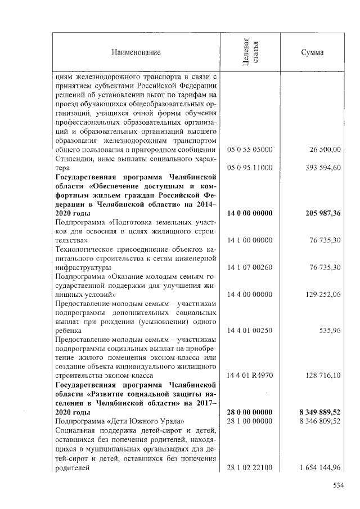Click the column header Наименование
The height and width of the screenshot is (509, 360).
pyautogui.click(x=136, y=53)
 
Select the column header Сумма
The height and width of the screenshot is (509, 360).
pyautogui.click(x=312, y=53)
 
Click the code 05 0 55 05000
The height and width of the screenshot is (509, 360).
pyautogui.click(x=249, y=150)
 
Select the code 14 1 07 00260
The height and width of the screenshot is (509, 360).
pyautogui.click(x=249, y=267)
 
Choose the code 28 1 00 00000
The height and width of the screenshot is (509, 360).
pyautogui.click(x=249, y=420)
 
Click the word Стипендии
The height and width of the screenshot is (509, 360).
pyautogui.click(x=73, y=159)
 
